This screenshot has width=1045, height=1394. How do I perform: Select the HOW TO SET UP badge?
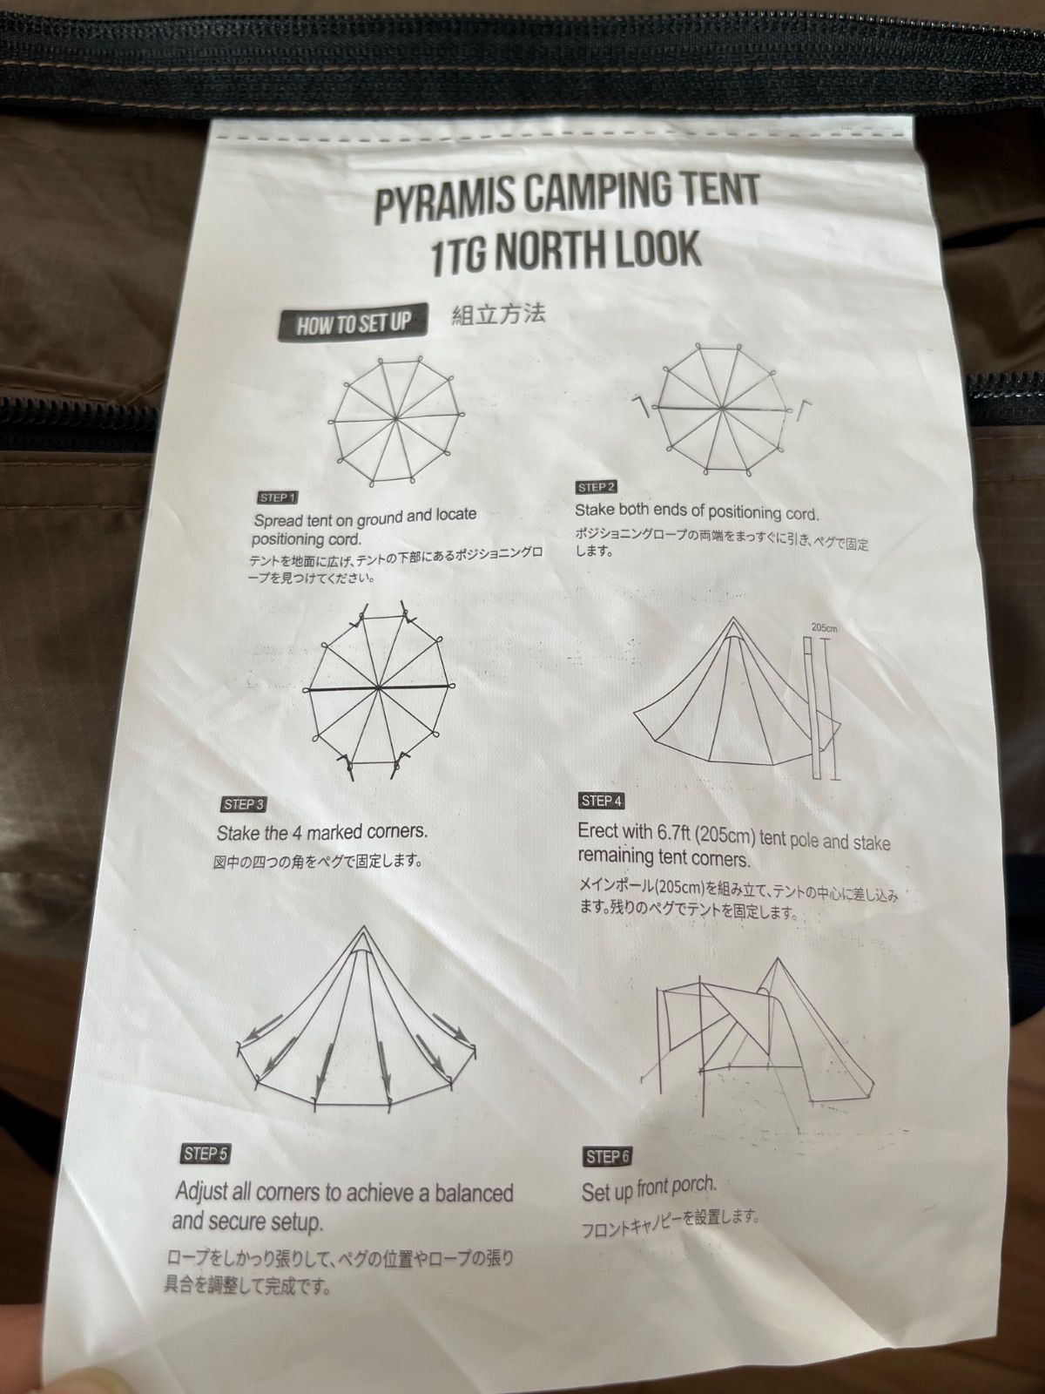(352, 324)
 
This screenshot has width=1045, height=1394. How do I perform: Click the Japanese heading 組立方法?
(498, 315)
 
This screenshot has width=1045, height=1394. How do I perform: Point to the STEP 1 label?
(277, 497)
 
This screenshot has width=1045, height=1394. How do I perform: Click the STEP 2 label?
(597, 488)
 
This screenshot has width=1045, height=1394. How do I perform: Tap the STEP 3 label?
(244, 805)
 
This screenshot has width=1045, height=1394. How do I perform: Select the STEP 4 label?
(602, 801)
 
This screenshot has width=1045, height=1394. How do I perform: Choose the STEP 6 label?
(608, 1157)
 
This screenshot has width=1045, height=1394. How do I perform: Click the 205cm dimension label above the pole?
(824, 628)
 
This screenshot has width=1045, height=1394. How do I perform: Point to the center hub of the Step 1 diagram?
(396, 418)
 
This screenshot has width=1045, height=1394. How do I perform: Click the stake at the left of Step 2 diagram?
(644, 406)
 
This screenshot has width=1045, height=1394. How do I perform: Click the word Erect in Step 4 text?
(602, 831)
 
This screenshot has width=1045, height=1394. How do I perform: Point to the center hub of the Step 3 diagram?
(378, 687)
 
